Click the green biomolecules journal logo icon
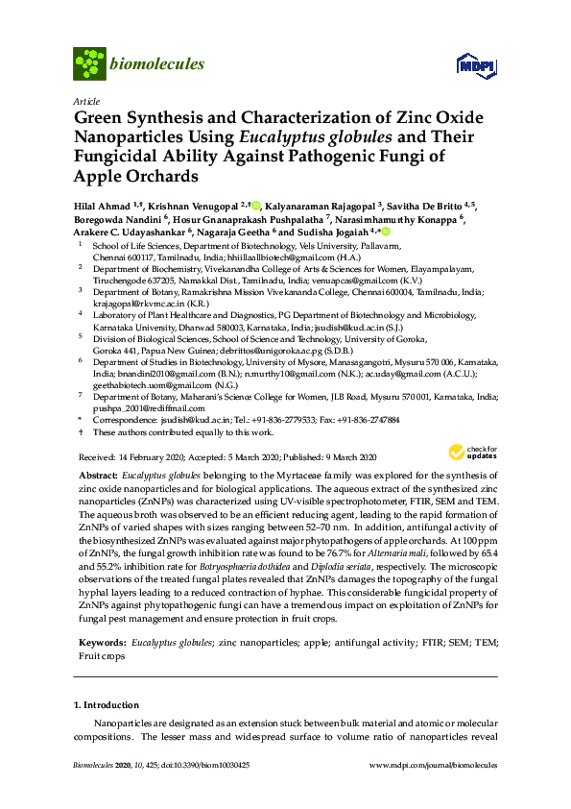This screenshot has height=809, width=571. point(88,64)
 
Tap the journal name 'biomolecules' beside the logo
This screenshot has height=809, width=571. point(157,64)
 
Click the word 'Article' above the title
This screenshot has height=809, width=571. point(84,100)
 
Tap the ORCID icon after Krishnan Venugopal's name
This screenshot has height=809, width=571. point(256,206)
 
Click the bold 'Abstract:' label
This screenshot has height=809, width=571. point(99,477)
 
